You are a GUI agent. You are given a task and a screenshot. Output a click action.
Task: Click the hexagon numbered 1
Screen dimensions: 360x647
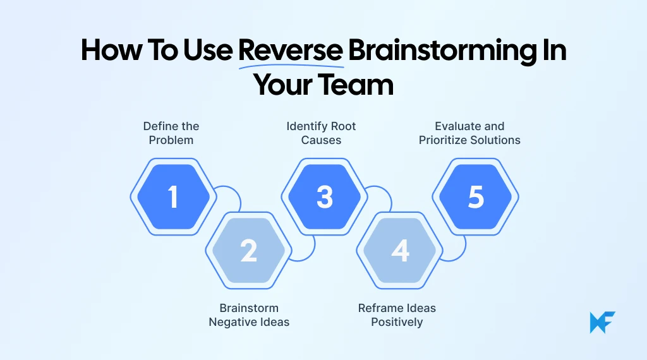tap(173, 196)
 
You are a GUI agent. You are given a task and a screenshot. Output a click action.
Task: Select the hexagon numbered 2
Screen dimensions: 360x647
tap(249, 251)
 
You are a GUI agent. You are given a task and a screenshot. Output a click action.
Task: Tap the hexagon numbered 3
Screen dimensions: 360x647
tap(325, 196)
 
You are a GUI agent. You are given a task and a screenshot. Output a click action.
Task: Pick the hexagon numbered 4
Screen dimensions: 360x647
tap(401, 251)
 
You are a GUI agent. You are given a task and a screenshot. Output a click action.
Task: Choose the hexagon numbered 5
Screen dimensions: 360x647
tap(476, 196)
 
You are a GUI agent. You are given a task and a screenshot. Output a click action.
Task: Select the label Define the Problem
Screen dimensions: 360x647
tap(171, 133)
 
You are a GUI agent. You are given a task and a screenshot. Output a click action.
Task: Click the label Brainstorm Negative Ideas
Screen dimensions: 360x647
tap(249, 315)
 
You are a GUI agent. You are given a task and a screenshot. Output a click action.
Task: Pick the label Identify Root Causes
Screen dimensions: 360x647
tap(321, 133)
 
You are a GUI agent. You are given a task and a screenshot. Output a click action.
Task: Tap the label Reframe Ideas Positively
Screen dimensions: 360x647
tap(397, 315)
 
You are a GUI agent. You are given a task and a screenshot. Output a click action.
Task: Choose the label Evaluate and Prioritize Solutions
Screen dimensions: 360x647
tap(469, 133)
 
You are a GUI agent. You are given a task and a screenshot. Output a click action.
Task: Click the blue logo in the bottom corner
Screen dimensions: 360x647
tap(602, 322)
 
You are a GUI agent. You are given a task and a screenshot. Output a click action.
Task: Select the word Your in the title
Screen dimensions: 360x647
tap(285, 85)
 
